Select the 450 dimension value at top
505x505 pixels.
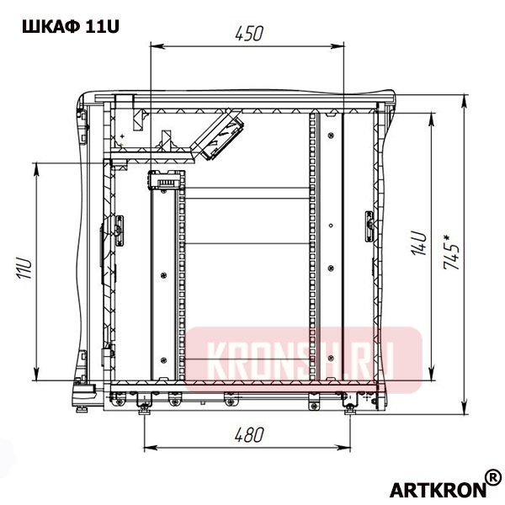click(249, 34)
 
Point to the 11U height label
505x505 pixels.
click(24, 271)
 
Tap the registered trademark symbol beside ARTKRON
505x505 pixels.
click(493, 476)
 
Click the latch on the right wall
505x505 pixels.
click(369, 226)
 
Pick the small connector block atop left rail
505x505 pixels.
click(165, 180)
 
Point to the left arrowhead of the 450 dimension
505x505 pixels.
click(152, 46)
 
